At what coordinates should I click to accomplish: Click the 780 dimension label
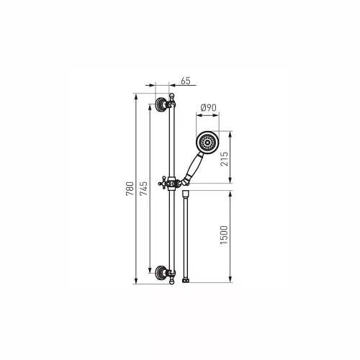[130, 189]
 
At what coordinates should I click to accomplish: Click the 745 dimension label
[144, 189]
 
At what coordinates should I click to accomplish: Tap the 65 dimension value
[186, 81]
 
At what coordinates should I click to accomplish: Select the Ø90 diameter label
[208, 108]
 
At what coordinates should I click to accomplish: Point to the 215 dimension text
[225, 159]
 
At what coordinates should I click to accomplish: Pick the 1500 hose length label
[224, 235]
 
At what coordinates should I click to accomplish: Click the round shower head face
[207, 143]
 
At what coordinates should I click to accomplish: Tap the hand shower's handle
[195, 166]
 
